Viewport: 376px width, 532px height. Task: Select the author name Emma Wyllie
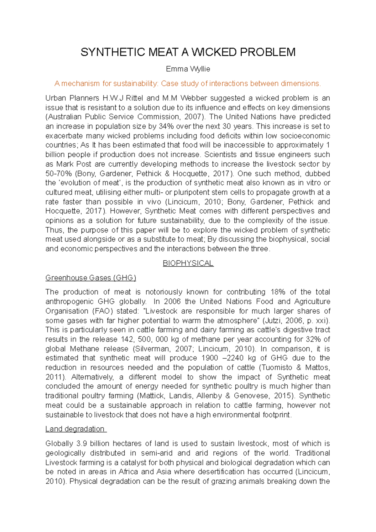coord(188,69)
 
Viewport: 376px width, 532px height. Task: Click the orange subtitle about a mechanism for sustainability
coord(188,84)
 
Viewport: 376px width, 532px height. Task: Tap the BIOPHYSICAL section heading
coord(188,263)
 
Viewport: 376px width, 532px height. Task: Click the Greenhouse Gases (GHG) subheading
coord(91,278)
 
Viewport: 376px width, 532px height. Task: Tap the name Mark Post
coord(74,164)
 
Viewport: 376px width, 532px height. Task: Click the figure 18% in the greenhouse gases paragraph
coord(278,292)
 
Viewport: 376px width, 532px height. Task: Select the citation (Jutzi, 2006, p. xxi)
coord(296,321)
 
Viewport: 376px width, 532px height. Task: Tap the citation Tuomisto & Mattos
coord(296,368)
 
